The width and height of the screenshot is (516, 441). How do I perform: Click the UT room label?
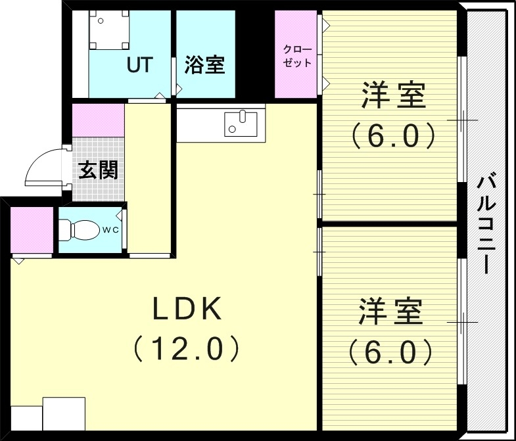[x=140, y=65]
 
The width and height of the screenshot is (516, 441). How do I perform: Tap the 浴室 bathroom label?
[x=204, y=65]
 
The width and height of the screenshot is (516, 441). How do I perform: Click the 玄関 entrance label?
[x=99, y=170]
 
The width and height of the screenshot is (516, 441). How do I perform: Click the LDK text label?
[x=189, y=310]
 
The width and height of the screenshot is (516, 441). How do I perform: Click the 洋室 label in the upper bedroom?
[x=392, y=97]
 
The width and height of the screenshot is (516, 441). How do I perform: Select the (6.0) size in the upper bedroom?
[x=392, y=136]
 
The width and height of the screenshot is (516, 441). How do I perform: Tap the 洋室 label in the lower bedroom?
[x=390, y=312]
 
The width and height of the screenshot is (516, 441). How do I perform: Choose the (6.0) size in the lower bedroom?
[x=390, y=352]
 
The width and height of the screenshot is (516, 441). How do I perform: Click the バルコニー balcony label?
[x=486, y=223]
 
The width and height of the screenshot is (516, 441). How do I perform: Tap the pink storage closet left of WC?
[x=32, y=230]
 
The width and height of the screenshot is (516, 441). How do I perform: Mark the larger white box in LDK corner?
[x=64, y=413]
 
